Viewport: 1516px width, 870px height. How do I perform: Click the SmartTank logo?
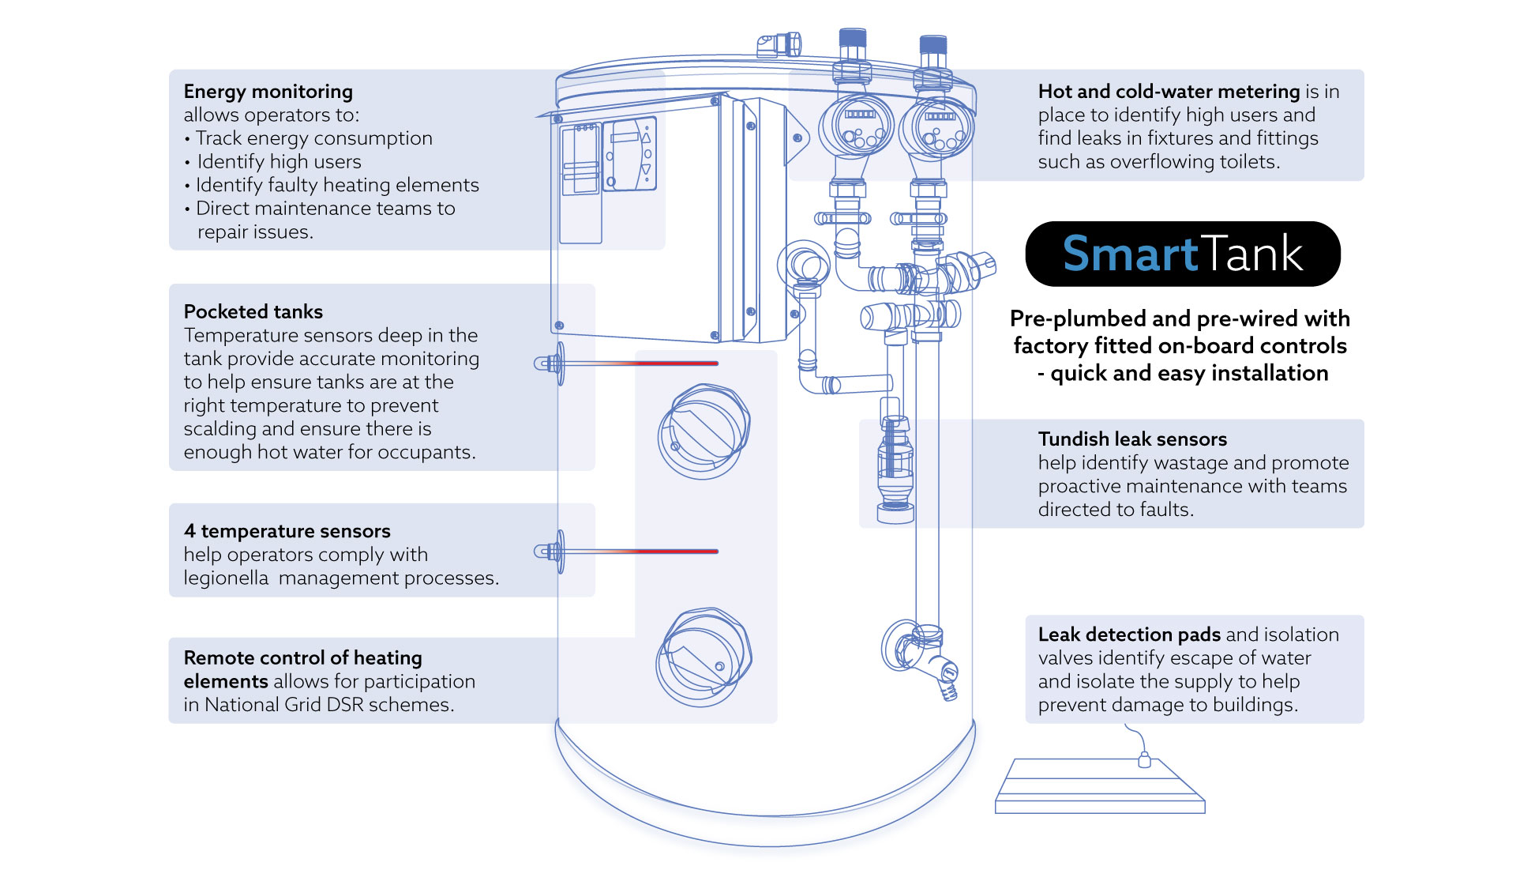point(1182,254)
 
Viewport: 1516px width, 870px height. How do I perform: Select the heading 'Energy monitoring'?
point(268,92)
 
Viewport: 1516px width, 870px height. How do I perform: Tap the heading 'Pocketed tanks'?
point(253,311)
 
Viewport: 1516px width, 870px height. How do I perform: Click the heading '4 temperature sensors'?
point(287,531)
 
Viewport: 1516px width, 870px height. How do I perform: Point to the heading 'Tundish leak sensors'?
point(1132,439)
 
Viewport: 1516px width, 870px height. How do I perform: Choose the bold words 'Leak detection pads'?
point(1129,635)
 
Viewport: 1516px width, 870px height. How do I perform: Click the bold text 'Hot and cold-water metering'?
point(1169,92)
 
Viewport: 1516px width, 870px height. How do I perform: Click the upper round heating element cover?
point(704,431)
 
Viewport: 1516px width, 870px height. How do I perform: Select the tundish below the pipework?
point(895,466)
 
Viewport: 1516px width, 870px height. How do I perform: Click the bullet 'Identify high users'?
point(279,162)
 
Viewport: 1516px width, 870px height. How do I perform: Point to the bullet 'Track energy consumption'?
point(313,138)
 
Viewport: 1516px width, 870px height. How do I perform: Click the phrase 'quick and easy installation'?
point(1188,373)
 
